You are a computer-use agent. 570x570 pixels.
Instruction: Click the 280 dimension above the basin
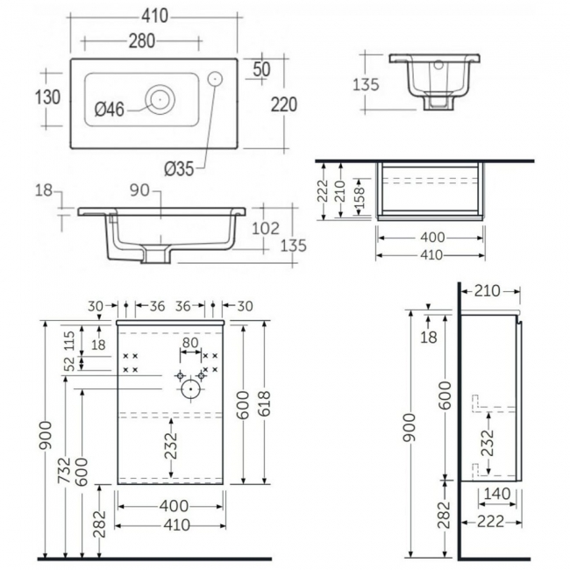tap(142, 40)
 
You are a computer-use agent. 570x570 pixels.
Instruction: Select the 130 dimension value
tap(47, 97)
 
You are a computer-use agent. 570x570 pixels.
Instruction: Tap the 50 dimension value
tap(261, 68)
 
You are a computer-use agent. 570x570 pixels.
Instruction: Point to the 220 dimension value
tap(284, 104)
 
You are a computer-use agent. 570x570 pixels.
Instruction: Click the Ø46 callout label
tap(110, 109)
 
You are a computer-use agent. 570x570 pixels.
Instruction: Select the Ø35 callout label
tap(179, 169)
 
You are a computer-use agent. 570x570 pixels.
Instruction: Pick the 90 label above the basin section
tap(139, 190)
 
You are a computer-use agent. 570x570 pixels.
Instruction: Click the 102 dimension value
tap(266, 229)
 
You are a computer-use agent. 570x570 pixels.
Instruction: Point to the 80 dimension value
tap(190, 343)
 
